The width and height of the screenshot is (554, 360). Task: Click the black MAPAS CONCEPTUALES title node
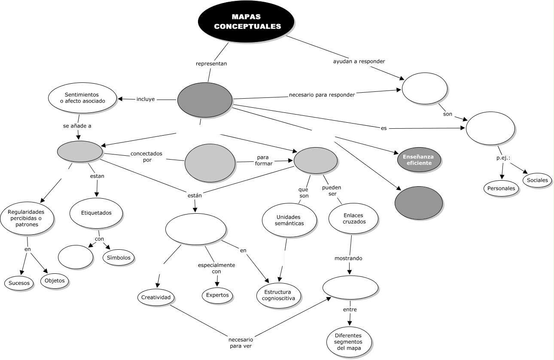tap(246, 21)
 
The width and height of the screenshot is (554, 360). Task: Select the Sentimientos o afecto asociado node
tap(82, 98)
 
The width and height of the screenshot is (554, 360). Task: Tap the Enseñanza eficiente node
tap(419, 160)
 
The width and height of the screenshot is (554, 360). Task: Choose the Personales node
tap(501, 188)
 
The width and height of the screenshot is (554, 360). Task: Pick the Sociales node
tap(537, 180)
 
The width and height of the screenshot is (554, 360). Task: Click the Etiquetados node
tap(96, 213)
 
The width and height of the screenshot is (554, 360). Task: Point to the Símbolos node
tap(119, 258)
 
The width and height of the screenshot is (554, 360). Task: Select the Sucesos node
tap(19, 283)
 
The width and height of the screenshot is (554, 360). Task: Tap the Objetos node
tap(55, 281)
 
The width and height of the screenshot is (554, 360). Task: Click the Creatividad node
tap(156, 297)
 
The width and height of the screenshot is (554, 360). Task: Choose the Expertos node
tap(217, 295)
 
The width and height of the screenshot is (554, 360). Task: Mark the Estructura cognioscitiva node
tap(278, 295)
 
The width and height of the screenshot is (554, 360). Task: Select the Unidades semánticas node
tap(289, 220)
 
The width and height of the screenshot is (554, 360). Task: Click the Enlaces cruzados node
tap(353, 218)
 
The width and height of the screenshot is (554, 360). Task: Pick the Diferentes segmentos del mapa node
tap(349, 342)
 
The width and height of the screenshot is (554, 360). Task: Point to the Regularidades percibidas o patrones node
tap(27, 218)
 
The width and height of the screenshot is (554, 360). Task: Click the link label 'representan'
tap(211, 64)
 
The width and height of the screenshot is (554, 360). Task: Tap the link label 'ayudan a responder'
tap(359, 61)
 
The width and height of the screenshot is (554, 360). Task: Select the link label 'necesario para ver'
tap(240, 343)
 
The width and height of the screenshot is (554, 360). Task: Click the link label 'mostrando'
tap(348, 258)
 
